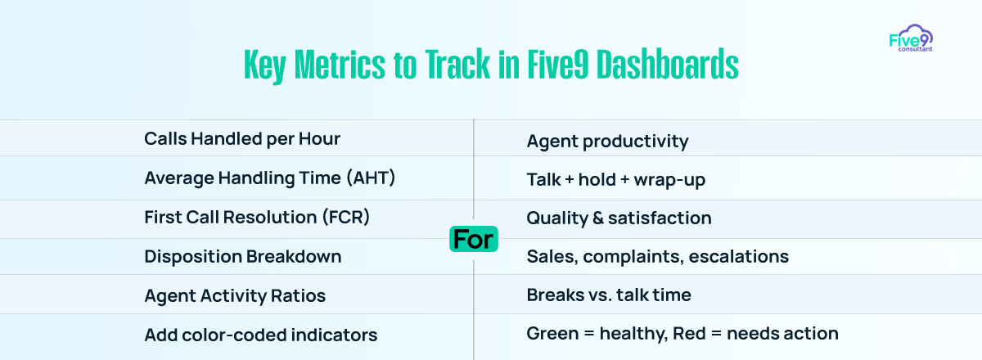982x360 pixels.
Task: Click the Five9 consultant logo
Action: [911, 38]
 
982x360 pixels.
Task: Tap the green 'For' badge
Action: [474, 239]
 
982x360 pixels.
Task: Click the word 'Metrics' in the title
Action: [340, 65]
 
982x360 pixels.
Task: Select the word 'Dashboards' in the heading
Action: [668, 65]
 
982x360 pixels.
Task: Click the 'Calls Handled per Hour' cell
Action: [242, 139]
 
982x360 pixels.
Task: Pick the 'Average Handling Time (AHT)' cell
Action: [269, 178]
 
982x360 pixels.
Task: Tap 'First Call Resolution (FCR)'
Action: [257, 217]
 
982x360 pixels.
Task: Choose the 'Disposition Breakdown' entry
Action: [243, 257]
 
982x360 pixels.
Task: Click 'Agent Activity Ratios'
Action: [235, 296]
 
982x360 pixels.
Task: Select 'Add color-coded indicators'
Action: [261, 335]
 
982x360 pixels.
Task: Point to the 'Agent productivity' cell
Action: [607, 142]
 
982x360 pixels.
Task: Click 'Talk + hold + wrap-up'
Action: [616, 180]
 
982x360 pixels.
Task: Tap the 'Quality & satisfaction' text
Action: [619, 218]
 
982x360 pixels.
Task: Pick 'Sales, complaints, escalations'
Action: [658, 257]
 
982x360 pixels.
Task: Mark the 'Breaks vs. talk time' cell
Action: [609, 295]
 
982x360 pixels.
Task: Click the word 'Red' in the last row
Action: [689, 333]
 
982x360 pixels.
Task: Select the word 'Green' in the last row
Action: [552, 333]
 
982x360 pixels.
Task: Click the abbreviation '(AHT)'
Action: [371, 178]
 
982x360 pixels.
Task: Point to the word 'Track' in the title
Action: [457, 65]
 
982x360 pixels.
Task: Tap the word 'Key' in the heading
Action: [264, 65]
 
